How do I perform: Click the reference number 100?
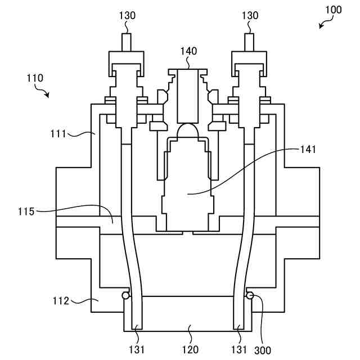coord(333,10)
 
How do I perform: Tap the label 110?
coord(35,78)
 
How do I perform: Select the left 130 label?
coord(127,16)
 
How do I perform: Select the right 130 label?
coord(250,16)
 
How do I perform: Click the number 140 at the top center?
coord(188,51)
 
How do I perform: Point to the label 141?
coord(308,150)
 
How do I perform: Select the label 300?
coord(262,349)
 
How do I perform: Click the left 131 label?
coord(137,349)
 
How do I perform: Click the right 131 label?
coord(240,349)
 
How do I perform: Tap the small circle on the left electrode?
coord(127,295)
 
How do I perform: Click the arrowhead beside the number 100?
coord(321,25)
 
